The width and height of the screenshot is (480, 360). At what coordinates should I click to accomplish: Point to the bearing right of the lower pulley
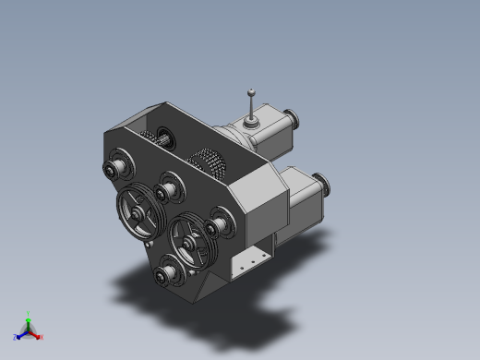(x=218, y=225)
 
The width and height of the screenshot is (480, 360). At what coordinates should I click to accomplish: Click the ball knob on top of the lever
(x=251, y=90)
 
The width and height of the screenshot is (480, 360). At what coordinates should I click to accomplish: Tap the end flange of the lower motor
(x=322, y=184)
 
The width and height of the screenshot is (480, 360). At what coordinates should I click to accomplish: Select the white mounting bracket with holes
(x=246, y=262)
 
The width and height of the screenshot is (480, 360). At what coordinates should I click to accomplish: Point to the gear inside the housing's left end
(x=162, y=140)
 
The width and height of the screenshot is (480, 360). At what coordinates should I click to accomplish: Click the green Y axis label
(x=28, y=314)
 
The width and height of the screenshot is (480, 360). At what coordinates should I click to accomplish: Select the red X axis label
(x=41, y=337)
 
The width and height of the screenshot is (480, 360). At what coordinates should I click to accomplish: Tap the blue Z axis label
(x=16, y=337)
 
